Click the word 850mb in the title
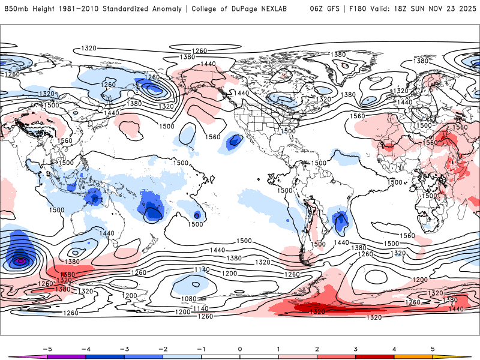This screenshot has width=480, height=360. pos(16,9)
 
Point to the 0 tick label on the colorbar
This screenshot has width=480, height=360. pos(240,348)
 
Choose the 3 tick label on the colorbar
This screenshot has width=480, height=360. pos(356,348)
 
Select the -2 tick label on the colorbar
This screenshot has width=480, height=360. pos(163,348)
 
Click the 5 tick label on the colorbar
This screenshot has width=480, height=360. pos(433,348)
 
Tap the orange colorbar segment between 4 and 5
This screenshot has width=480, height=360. pos(413,356)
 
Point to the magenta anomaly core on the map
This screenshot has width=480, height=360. pos(21,261)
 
